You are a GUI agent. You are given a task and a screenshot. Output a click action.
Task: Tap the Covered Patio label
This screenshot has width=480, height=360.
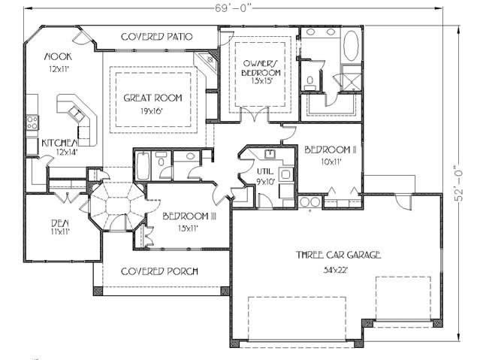(157, 36)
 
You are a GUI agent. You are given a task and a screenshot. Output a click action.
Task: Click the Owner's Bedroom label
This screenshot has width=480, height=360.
(261, 67)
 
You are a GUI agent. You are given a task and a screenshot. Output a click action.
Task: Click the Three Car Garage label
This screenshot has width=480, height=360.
(337, 255)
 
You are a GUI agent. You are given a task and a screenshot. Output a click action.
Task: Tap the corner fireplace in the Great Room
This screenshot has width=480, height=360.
(203, 64)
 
